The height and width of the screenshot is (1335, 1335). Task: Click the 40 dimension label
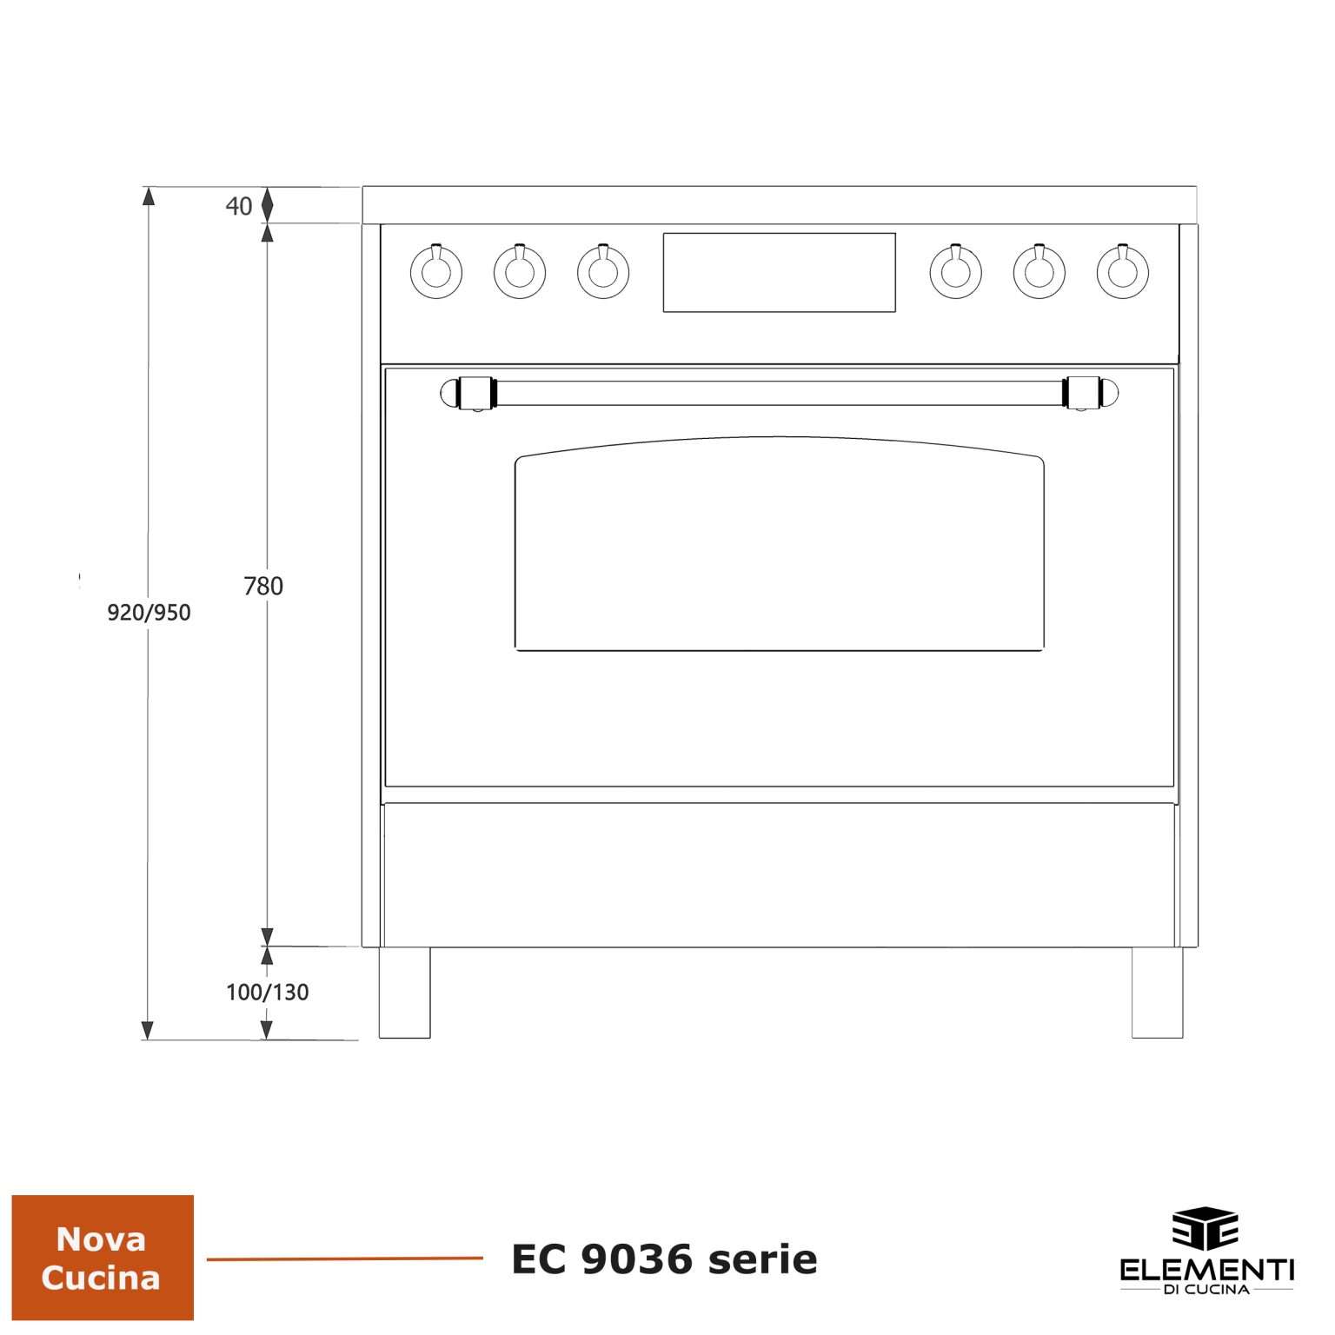click(x=239, y=206)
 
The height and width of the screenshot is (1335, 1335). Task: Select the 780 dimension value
click(x=263, y=587)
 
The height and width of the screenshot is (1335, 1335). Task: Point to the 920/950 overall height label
click(x=149, y=613)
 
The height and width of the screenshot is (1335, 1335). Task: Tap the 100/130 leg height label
click(x=268, y=992)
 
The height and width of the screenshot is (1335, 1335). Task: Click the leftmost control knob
click(x=435, y=271)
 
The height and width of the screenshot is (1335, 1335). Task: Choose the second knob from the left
click(x=520, y=271)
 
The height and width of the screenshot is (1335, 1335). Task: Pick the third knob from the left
click(x=603, y=271)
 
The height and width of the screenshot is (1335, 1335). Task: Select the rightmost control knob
click(x=1123, y=271)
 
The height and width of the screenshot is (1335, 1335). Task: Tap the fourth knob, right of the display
click(x=956, y=271)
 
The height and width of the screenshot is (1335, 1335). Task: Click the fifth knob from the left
click(x=1039, y=271)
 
